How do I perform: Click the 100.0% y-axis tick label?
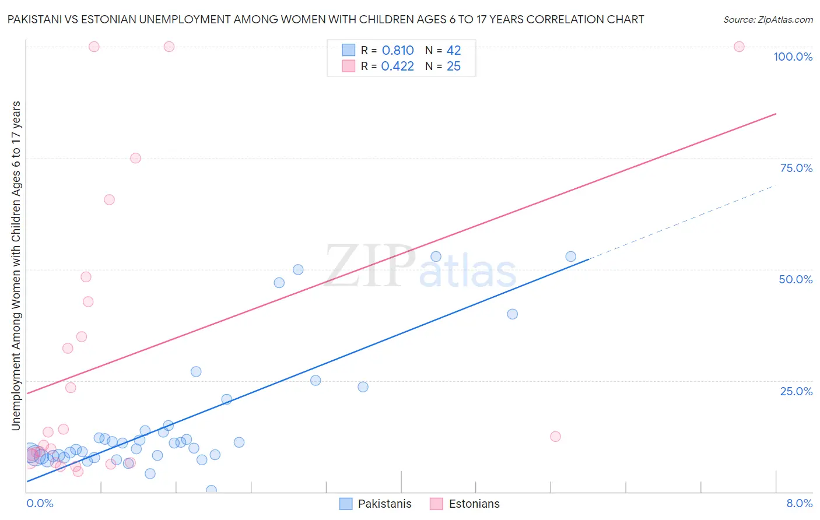(793, 57)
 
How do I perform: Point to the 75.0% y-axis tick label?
(796, 168)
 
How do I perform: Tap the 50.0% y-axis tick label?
(796, 279)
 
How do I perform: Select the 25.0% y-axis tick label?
(796, 391)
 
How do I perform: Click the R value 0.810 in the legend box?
(398, 51)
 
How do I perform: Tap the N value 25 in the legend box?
(453, 66)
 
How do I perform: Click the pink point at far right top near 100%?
(739, 47)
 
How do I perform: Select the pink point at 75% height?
(135, 158)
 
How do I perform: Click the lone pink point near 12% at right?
(555, 437)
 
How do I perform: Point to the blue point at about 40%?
(512, 314)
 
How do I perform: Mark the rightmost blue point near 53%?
(570, 257)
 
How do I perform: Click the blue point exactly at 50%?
(298, 269)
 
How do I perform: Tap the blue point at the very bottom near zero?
(211, 490)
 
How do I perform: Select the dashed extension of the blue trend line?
(682, 222)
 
